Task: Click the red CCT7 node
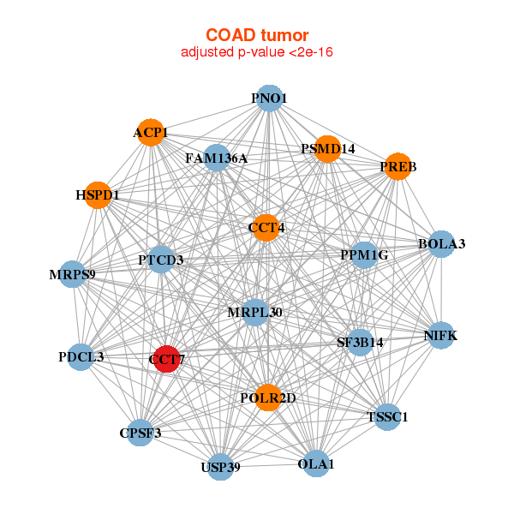tap(167, 360)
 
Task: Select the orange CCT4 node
tap(266, 228)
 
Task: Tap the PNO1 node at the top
tap(269, 99)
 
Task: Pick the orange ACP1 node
tap(151, 133)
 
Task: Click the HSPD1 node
tap(98, 195)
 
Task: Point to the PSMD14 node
tap(327, 149)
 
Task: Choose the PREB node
tap(397, 167)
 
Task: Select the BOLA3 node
tap(440, 244)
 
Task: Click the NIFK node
tap(440, 336)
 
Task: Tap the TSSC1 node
tap(387, 417)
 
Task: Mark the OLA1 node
tap(315, 463)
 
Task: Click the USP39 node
tap(221, 467)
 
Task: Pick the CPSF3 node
tap(140, 433)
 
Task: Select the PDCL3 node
tap(81, 356)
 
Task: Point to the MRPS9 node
tap(72, 275)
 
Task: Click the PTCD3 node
tap(161, 260)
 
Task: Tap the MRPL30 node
tap(254, 312)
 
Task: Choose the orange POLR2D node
tap(268, 397)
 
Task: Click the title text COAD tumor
tap(256, 35)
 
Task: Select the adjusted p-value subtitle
tap(256, 52)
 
